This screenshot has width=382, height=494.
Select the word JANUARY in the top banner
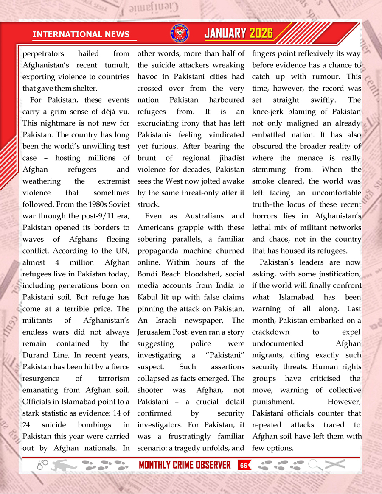pos(225,33)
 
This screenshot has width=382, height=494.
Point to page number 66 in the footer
pos(244,465)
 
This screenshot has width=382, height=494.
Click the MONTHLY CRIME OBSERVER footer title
pos(185,465)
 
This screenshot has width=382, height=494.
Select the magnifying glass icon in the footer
pos(315,465)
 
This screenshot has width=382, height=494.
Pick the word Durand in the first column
pos(37,355)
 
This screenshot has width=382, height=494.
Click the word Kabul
pos(148,297)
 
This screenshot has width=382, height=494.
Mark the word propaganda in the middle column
pos(158,251)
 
